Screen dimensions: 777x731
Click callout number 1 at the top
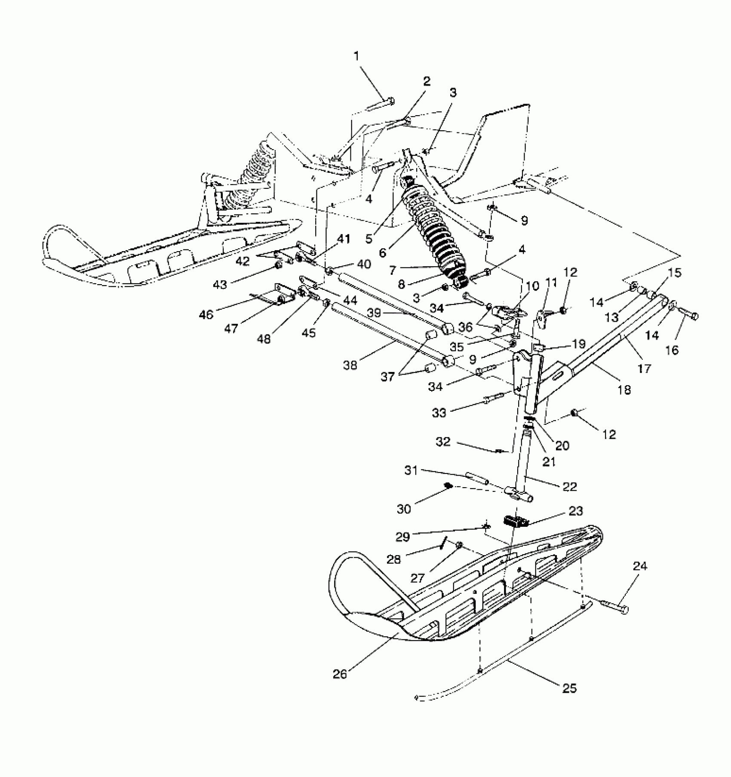pos(356,56)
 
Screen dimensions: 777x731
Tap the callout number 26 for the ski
pos(340,674)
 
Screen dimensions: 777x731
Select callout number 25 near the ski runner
pos(569,688)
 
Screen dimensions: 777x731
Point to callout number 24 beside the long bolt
pos(639,566)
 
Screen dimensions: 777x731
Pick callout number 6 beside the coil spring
pos(383,252)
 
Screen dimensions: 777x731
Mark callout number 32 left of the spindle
pos(443,442)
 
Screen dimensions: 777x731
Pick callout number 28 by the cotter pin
pos(394,559)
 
